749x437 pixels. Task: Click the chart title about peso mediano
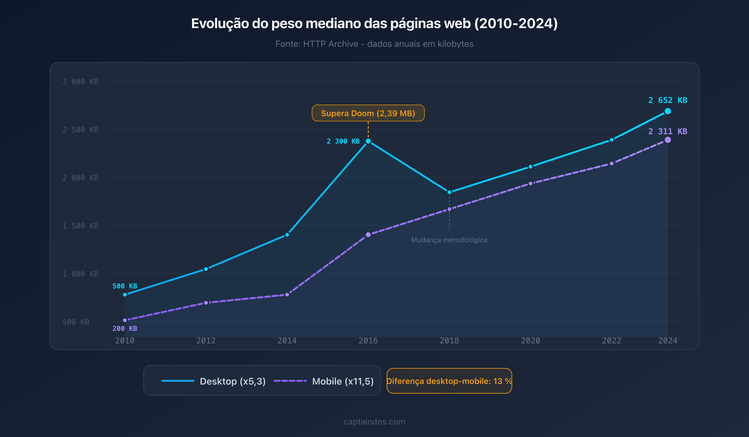[x=374, y=24]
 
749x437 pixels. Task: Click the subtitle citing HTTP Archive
[x=374, y=44]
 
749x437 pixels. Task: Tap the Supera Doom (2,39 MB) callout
[x=368, y=113]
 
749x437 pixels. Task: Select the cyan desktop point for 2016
[x=368, y=141]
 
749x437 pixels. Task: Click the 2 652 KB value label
[x=668, y=100]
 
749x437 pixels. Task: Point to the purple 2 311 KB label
[x=668, y=131]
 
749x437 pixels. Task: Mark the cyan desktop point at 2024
[x=668, y=111]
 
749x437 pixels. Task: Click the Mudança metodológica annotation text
[x=449, y=240]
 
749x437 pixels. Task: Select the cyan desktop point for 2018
[x=449, y=192]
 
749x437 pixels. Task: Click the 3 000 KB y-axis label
[x=80, y=82]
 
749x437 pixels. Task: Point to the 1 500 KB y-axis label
[x=80, y=226]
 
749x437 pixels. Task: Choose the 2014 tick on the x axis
[x=287, y=341]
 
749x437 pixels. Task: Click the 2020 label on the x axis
[x=530, y=341]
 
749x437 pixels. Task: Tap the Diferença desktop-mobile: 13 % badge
[x=449, y=381]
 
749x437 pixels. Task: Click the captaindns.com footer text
[x=374, y=422]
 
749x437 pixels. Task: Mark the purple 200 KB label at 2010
[x=125, y=329]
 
